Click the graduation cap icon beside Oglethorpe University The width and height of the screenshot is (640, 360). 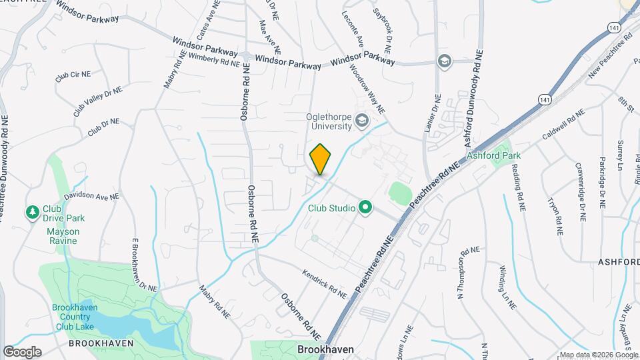[x=362, y=121]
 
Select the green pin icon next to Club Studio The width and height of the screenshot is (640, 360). [x=365, y=208]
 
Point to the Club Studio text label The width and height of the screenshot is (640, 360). [x=331, y=208]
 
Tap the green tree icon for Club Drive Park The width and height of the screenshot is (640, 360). [x=31, y=212]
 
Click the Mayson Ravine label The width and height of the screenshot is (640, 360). [x=63, y=237]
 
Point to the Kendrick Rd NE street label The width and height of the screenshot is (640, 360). [x=325, y=283]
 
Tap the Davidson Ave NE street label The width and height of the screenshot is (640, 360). [x=91, y=197]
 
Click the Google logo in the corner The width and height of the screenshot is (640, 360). [x=22, y=352]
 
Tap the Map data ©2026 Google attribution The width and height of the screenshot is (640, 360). [x=598, y=355]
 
